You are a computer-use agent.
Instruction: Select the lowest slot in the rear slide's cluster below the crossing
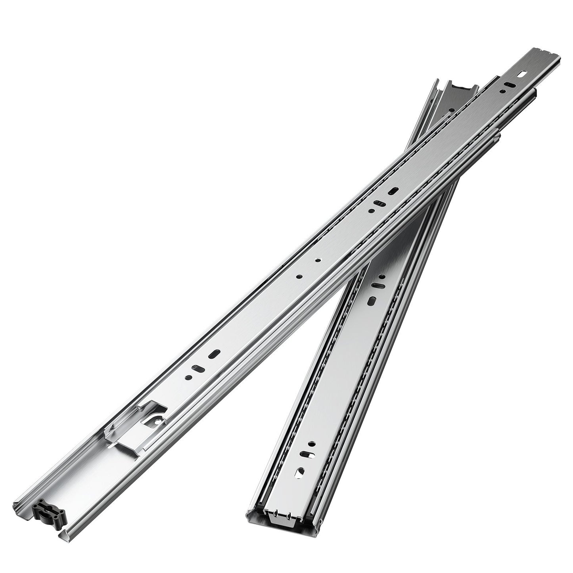point(374,300)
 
